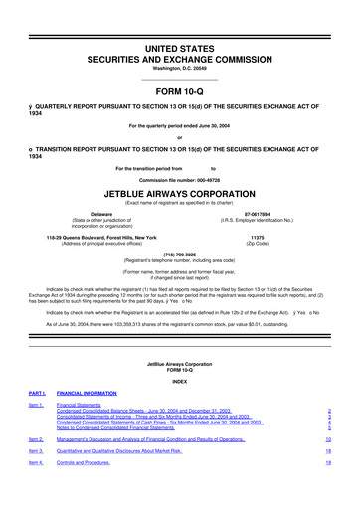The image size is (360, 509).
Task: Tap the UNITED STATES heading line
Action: [x=179, y=18]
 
